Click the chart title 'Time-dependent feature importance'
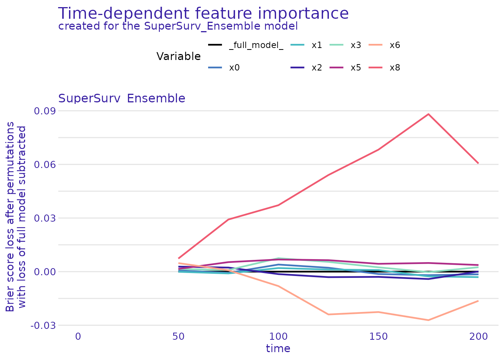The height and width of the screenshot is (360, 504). [203, 13]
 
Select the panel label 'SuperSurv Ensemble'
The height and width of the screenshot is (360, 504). [121, 98]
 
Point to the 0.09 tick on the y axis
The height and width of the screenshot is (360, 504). [45, 111]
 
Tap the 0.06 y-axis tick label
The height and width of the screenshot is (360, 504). [45, 165]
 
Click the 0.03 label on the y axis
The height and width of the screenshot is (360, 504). [45, 218]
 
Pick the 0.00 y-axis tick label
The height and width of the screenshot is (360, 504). [45, 272]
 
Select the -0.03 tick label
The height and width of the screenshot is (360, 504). [43, 325]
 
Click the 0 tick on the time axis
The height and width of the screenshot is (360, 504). [78, 336]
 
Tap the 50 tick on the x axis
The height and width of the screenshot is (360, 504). [178, 336]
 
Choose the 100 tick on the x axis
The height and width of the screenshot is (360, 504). [278, 336]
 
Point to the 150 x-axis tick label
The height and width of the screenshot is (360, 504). [378, 336]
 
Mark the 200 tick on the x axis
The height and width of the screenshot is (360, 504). [478, 336]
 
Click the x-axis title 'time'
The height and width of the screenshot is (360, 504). [278, 349]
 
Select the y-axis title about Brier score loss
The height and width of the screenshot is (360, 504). [16, 217]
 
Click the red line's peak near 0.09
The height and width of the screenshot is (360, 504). [428, 114]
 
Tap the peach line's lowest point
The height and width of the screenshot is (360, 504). [428, 320]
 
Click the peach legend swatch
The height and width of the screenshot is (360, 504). [375, 45]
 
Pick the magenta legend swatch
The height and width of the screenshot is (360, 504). [336, 67]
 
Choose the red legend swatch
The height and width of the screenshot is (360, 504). [375, 67]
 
